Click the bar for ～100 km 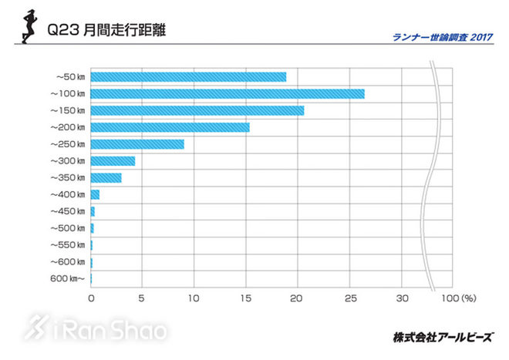[x=228, y=94]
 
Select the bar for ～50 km [x=188, y=77]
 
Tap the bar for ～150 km [x=197, y=111]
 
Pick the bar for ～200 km [x=170, y=127]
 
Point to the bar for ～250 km [x=137, y=144]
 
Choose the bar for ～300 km [x=113, y=161]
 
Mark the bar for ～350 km [x=106, y=178]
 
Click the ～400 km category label [x=67, y=194]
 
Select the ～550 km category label [x=67, y=245]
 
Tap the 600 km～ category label [x=67, y=279]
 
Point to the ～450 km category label [x=67, y=211]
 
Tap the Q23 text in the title [x=60, y=32]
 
